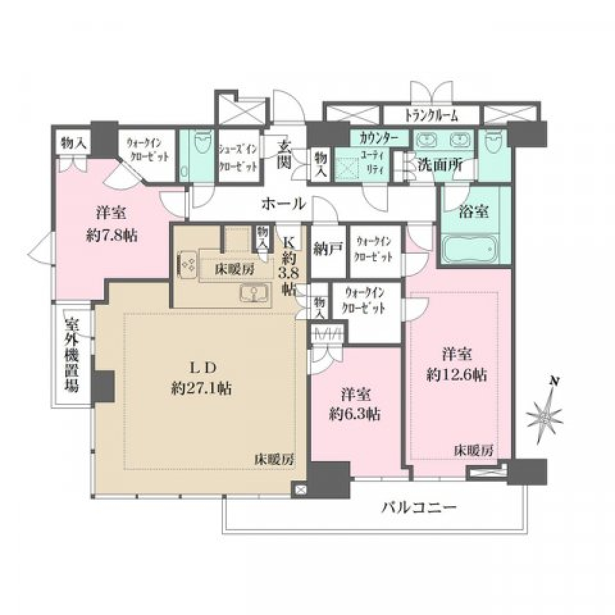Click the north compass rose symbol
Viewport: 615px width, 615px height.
coord(543,415)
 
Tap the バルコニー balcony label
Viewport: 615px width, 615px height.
coord(419,509)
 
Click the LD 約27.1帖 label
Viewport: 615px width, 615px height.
coord(201,377)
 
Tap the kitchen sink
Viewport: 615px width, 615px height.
coord(255,294)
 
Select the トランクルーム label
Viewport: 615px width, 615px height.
coord(431,116)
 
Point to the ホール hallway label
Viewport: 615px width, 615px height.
coord(282,204)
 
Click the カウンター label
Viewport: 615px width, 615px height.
coord(379,138)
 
